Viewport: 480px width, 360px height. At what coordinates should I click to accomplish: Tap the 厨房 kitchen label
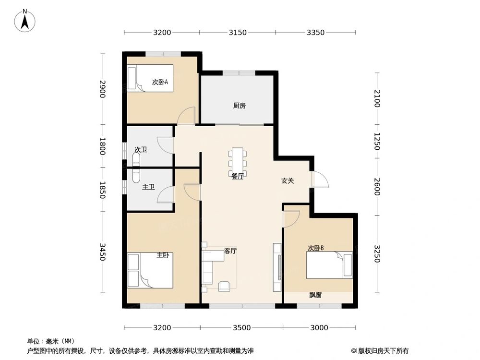(x=240, y=106)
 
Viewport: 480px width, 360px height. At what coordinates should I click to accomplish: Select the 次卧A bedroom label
(x=160, y=82)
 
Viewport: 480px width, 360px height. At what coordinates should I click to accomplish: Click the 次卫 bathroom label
(x=141, y=150)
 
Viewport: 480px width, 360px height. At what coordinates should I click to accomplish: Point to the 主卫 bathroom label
(x=148, y=187)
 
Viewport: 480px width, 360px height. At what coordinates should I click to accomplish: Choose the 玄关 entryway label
(x=288, y=181)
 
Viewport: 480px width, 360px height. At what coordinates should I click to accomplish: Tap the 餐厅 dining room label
(x=238, y=176)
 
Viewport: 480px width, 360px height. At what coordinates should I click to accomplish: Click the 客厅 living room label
(x=230, y=251)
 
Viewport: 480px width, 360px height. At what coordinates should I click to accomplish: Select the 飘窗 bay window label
(x=315, y=295)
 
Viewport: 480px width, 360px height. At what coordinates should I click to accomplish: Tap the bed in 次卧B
(x=329, y=265)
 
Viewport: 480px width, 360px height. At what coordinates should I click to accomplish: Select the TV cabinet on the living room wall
(x=277, y=267)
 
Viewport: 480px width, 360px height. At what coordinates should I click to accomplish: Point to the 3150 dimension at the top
(x=238, y=33)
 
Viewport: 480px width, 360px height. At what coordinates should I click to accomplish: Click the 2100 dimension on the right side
(x=378, y=98)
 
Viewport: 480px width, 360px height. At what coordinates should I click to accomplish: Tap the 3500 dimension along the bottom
(x=241, y=328)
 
